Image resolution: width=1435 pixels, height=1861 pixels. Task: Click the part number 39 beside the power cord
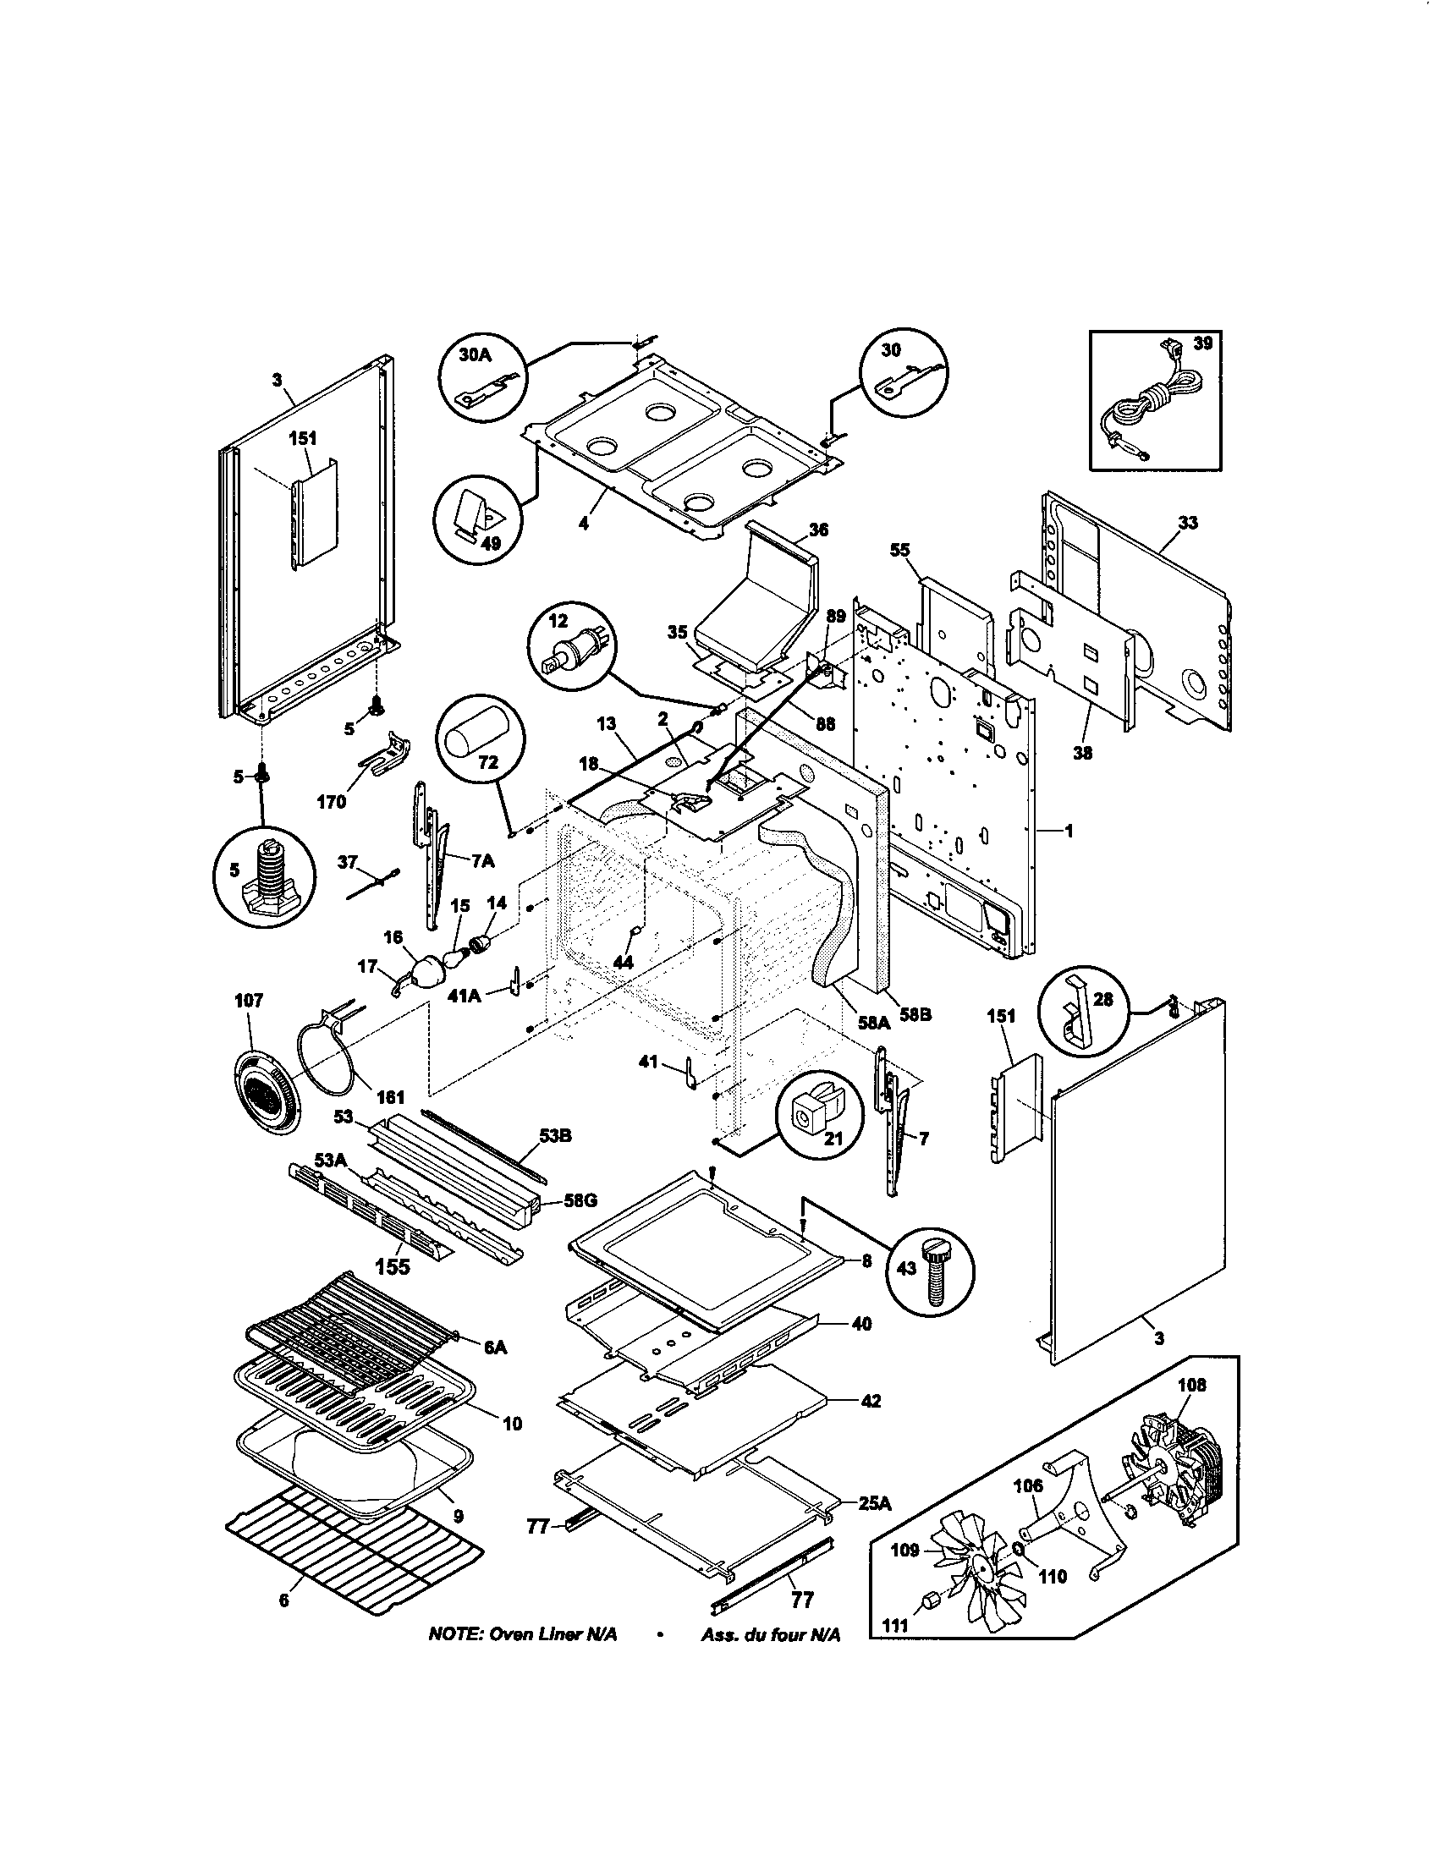[x=1202, y=343]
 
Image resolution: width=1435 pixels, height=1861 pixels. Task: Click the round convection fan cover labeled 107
[x=265, y=1092]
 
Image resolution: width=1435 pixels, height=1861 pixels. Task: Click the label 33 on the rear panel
[x=1187, y=522]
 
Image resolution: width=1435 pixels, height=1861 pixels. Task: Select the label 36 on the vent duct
[x=817, y=530]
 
